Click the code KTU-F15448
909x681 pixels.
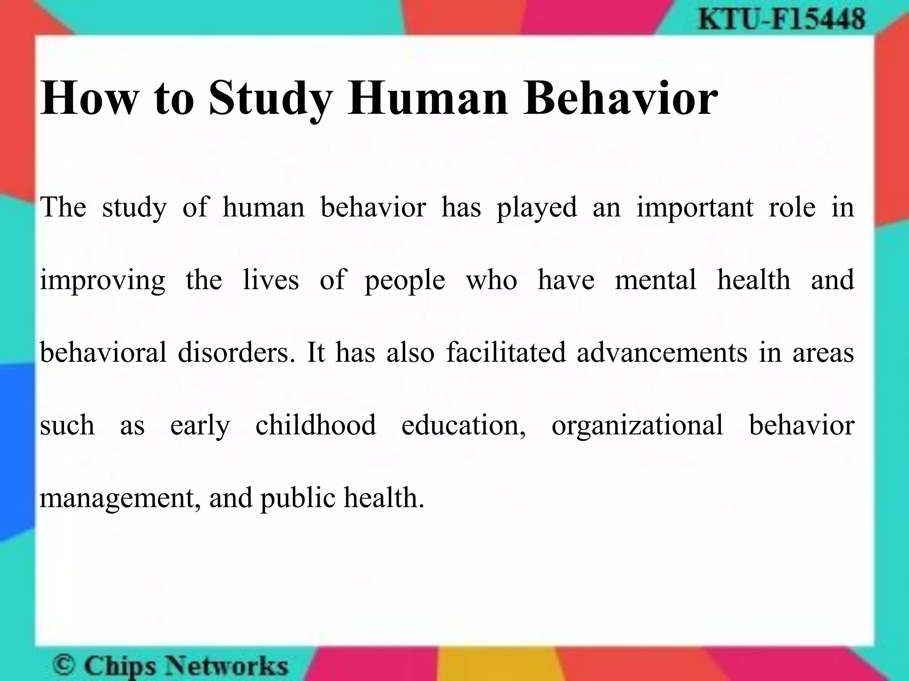782,20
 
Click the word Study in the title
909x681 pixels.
271,98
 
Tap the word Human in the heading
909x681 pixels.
427,98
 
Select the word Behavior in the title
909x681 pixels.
620,98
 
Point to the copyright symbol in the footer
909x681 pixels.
64,665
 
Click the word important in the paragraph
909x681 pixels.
695,207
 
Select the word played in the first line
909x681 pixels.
537,207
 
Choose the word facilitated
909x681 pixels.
506,352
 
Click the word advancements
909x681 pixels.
662,352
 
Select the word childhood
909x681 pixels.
316,425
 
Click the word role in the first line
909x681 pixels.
792,207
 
